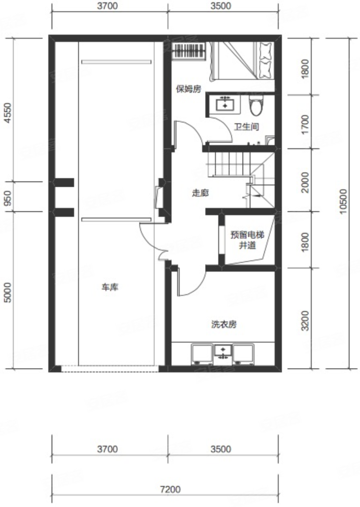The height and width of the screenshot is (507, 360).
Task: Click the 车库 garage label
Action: pyautogui.click(x=110, y=287)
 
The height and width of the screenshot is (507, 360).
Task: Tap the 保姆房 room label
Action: pyautogui.click(x=189, y=89)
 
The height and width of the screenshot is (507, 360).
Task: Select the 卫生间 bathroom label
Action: pyautogui.click(x=246, y=126)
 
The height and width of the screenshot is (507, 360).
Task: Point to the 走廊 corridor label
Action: pyautogui.click(x=200, y=193)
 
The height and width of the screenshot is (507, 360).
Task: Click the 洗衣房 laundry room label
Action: pyautogui.click(x=224, y=324)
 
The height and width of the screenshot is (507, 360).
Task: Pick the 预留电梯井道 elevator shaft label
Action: pyautogui.click(x=247, y=239)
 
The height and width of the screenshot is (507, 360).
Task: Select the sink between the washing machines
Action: pyautogui.click(x=223, y=353)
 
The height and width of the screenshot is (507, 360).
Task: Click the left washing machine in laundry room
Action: pyautogui.click(x=202, y=354)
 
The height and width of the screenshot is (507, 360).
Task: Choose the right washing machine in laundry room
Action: pyautogui.click(x=243, y=354)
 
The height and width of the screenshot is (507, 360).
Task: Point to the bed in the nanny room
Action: pyautogui.click(x=242, y=61)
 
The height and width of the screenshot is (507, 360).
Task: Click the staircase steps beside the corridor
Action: pyautogui.click(x=230, y=164)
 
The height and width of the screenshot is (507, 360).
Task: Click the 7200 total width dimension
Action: pyautogui.click(x=170, y=489)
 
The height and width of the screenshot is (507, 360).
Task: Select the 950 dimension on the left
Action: pyautogui.click(x=8, y=198)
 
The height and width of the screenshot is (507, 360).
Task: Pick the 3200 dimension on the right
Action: pyautogui.click(x=305, y=321)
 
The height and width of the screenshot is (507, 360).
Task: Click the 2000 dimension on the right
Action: pyautogui.click(x=305, y=182)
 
